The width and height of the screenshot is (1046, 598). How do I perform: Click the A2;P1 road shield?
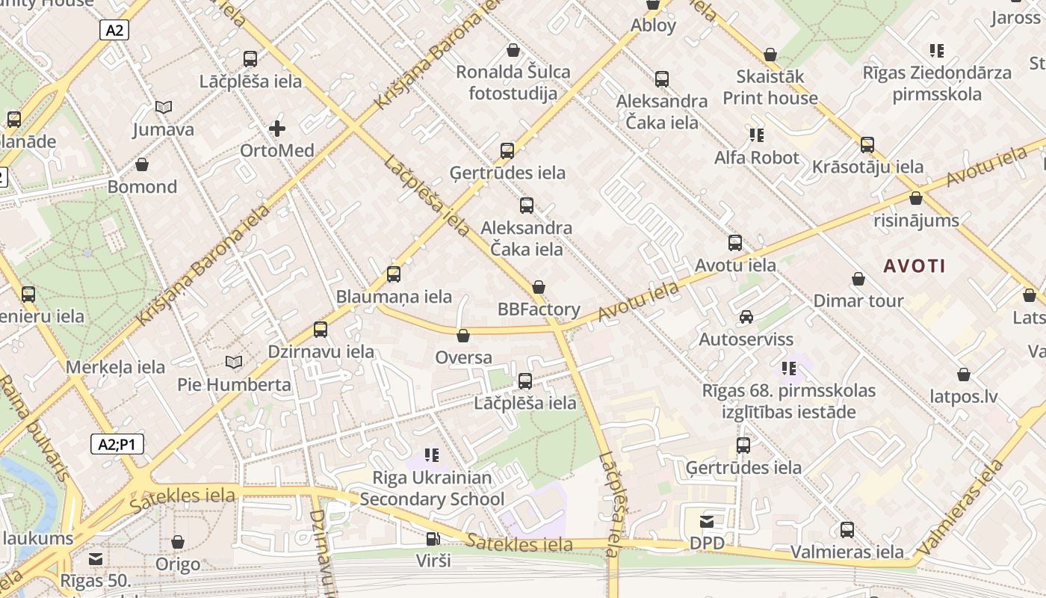tap(117, 445)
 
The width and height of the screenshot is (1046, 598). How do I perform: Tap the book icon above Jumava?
tap(163, 108)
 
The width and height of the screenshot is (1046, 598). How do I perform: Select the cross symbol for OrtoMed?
tap(277, 129)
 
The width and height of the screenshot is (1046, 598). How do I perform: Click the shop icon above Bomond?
tap(142, 164)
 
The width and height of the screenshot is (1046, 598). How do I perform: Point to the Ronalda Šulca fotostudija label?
tap(513, 82)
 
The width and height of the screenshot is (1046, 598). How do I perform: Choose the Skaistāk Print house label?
tap(770, 87)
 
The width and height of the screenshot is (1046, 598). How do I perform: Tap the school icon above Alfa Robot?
tap(757, 135)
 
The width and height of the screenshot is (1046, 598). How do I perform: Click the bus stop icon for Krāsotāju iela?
tap(867, 144)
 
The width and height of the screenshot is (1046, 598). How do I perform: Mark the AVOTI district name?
tap(915, 265)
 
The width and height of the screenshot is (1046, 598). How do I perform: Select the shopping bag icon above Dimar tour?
tap(858, 280)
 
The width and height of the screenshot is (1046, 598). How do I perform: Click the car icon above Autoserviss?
tap(746, 317)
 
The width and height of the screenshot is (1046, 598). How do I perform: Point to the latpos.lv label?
tap(964, 396)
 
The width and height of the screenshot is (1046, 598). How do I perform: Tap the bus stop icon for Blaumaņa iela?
tap(394, 274)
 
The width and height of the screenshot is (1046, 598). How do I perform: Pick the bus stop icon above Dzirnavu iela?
tap(321, 329)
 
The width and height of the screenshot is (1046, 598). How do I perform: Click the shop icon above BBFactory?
tap(539, 288)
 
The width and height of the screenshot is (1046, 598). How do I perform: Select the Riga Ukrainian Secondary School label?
tap(433, 488)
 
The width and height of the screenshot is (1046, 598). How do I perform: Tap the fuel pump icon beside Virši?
tap(432, 538)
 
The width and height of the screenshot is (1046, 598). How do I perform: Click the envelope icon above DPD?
tap(707, 521)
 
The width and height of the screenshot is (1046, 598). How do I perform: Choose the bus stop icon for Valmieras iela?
tap(847, 530)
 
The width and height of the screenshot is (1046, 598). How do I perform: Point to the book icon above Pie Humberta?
tap(234, 363)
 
